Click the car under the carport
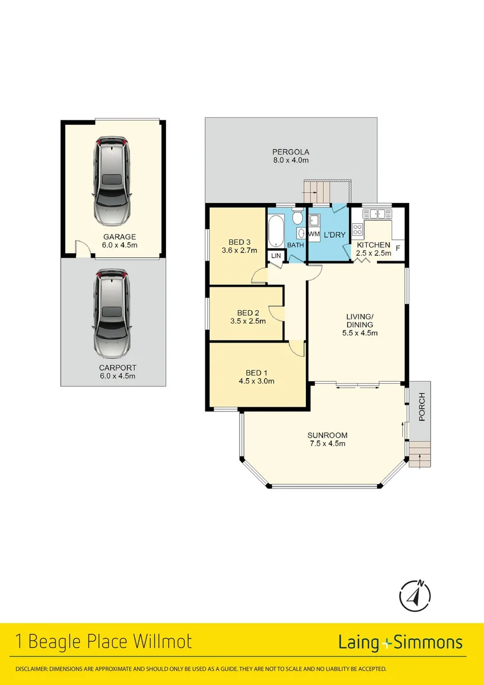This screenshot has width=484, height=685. (111, 313)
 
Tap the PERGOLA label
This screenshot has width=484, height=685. (290, 152)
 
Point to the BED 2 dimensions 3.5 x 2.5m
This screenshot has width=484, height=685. (248, 321)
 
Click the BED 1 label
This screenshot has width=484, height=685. (257, 373)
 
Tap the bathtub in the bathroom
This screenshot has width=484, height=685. (277, 232)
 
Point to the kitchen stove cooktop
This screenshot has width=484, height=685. (357, 229)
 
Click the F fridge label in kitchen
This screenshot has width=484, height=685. (398, 247)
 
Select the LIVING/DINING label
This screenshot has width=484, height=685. (359, 320)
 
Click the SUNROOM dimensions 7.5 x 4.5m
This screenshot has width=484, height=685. (327, 443)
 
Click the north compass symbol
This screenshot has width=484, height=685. (415, 595)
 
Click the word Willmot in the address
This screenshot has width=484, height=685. (162, 642)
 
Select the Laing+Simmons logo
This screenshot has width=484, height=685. (400, 643)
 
